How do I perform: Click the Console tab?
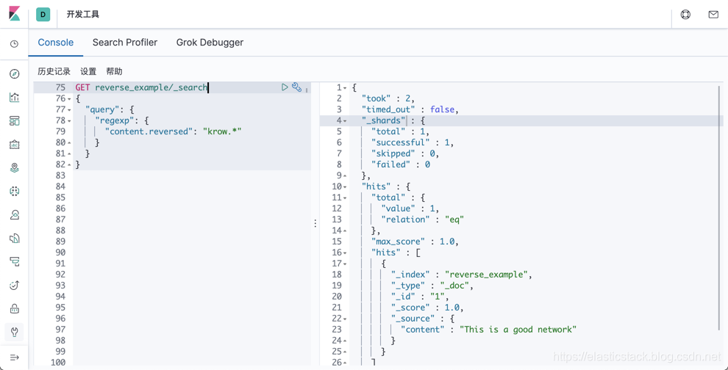[56, 43]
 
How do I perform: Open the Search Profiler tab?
[125, 43]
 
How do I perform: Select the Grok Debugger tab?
[210, 43]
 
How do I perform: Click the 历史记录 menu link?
[54, 71]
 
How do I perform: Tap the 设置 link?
[88, 71]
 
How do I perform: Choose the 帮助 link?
[114, 71]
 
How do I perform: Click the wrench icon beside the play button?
[296, 87]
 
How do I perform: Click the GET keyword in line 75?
[82, 87]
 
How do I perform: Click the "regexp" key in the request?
[115, 120]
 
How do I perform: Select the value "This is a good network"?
[518, 330]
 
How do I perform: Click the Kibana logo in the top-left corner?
[14, 14]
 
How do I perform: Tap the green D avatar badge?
[43, 14]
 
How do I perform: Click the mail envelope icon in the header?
[713, 14]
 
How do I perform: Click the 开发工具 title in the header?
[83, 14]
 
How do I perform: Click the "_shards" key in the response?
[383, 120]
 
